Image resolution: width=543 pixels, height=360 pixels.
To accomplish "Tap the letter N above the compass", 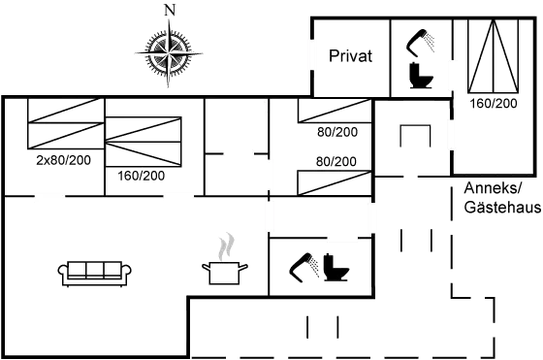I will (x=171, y=10).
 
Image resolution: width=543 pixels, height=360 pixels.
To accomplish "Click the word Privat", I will (x=351, y=56).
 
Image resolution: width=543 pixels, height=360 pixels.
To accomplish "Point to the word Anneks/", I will (x=493, y=187).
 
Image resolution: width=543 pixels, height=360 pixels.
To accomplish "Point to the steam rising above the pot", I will (x=226, y=245).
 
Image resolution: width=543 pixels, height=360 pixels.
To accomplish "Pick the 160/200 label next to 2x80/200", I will (x=141, y=176).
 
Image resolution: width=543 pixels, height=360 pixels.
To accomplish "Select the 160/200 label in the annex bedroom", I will (x=493, y=102).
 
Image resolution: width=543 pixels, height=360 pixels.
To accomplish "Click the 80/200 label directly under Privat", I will (x=336, y=131).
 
